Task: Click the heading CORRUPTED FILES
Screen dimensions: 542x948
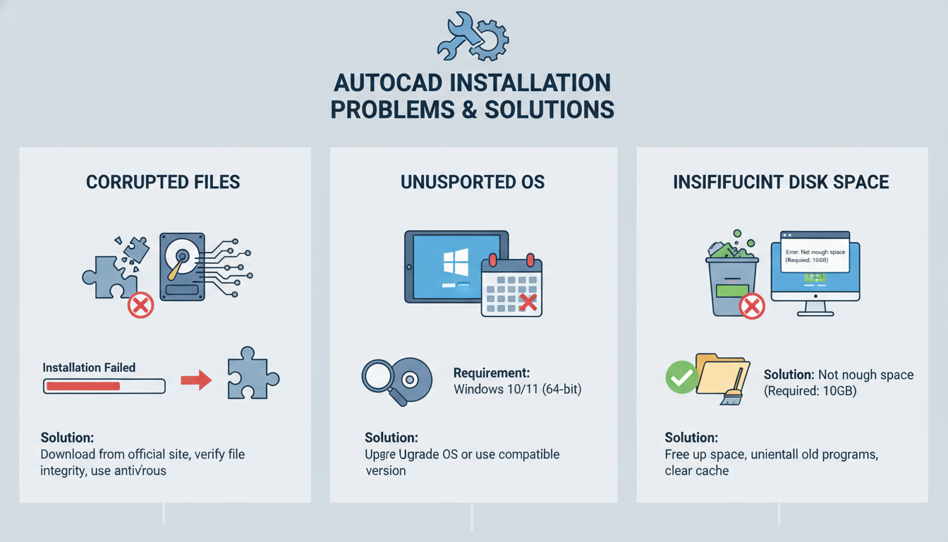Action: pos(163,182)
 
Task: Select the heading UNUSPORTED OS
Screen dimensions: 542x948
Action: pos(473,182)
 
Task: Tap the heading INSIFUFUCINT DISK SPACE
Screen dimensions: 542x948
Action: pos(781,182)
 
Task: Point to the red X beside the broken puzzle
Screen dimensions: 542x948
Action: pos(140,305)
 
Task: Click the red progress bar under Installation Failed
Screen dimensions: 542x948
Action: pos(83,386)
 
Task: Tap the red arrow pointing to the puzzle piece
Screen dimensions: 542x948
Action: pos(196,381)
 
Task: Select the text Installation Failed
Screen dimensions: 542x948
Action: pos(89,368)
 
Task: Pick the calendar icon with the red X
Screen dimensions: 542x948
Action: pos(511,286)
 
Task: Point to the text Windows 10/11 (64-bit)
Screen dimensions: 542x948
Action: pos(517,389)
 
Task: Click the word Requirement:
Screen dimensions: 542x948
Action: pos(491,373)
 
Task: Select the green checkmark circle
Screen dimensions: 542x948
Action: pos(681,378)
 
